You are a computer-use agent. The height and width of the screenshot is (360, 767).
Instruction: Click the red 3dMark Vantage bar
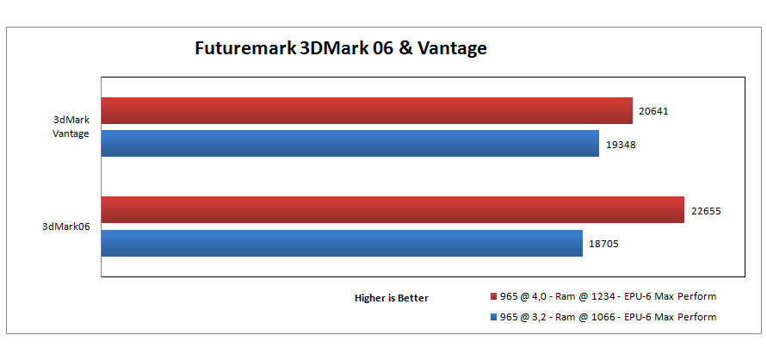pyautogui.click(x=368, y=110)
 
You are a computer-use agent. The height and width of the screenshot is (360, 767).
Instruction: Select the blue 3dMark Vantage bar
pyautogui.click(x=350, y=143)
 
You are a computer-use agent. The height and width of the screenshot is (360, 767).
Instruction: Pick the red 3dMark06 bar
pyautogui.click(x=393, y=209)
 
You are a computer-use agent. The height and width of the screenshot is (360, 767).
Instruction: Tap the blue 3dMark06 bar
pyautogui.click(x=342, y=242)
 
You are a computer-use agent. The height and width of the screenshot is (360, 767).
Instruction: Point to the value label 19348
pyautogui.click(x=621, y=144)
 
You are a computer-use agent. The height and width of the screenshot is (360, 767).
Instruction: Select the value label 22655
pyautogui.click(x=705, y=210)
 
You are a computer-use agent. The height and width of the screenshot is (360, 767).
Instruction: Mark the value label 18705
pyautogui.click(x=603, y=244)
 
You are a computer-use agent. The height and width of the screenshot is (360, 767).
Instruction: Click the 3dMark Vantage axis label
pyautogui.click(x=71, y=127)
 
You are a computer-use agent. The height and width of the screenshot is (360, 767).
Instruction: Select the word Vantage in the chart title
pyautogui.click(x=452, y=47)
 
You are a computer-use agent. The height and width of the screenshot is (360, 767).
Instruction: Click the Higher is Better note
pyautogui.click(x=392, y=298)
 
